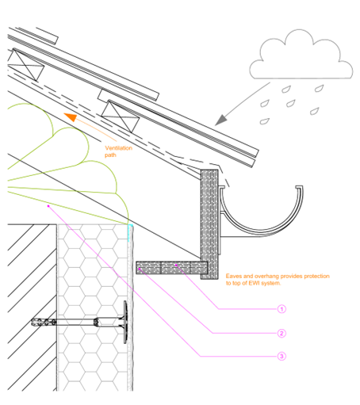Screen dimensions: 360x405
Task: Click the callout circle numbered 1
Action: (x=281, y=309)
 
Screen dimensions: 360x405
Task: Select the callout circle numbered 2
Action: (x=281, y=333)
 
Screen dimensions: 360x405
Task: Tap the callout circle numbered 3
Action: (x=281, y=356)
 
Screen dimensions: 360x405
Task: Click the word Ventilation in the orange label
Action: (x=119, y=148)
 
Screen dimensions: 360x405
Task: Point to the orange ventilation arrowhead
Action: (x=71, y=117)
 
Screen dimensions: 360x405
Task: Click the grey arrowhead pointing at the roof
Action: (x=221, y=120)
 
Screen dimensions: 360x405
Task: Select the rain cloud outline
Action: (x=301, y=54)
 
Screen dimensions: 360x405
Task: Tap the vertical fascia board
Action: (x=209, y=224)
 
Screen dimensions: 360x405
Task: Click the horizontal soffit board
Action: (x=171, y=268)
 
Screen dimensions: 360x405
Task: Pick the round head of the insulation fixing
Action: (x=125, y=322)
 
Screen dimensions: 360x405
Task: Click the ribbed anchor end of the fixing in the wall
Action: (x=44, y=322)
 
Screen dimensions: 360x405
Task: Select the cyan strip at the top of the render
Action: (x=129, y=232)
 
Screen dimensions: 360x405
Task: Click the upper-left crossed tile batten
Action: (x=25, y=65)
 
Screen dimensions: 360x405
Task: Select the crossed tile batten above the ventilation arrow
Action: (x=121, y=117)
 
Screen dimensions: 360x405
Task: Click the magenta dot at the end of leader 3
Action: (x=48, y=206)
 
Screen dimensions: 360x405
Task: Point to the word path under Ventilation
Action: (x=110, y=155)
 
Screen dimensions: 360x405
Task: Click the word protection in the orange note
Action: (x=316, y=277)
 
